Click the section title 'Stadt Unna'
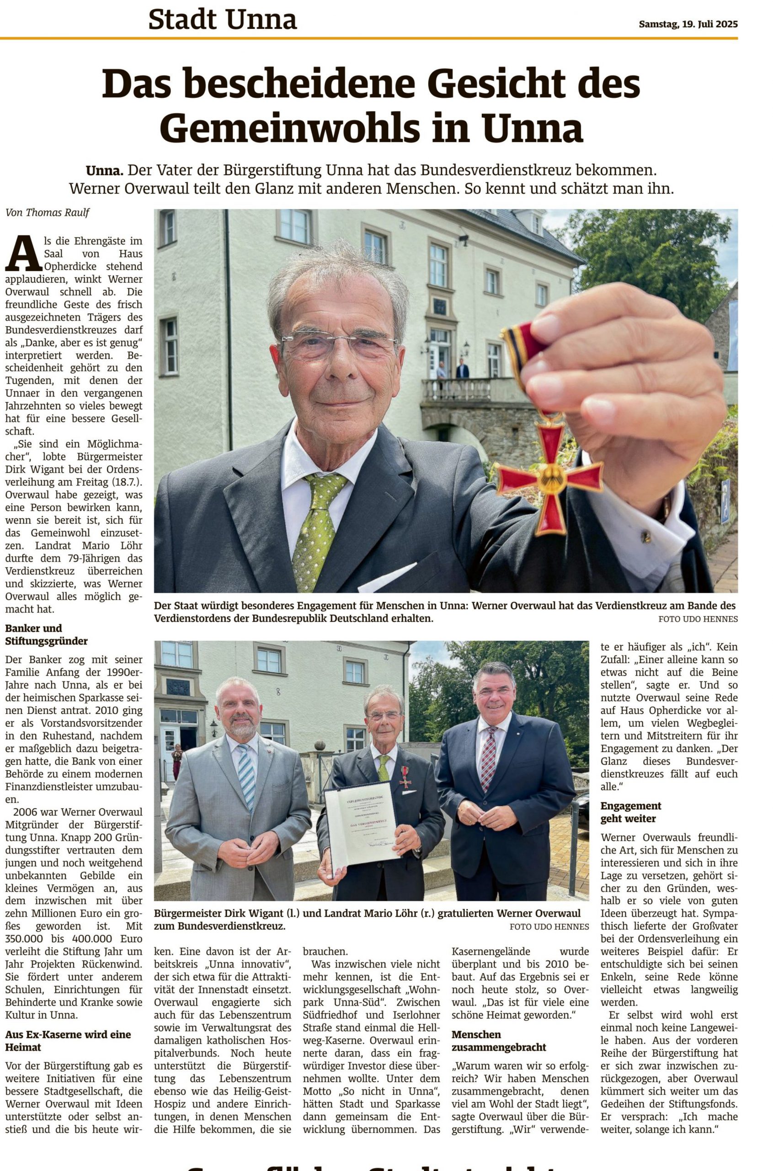click(x=222, y=20)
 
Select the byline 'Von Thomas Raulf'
click(x=48, y=213)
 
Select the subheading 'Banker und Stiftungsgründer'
click(x=39, y=635)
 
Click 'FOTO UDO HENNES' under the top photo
click(x=698, y=619)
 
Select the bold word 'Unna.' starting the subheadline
click(x=105, y=171)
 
